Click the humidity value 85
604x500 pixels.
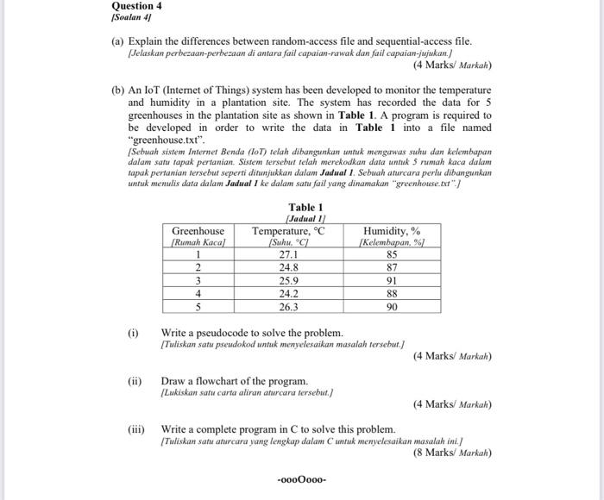coord(392,254)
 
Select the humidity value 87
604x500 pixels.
coord(392,267)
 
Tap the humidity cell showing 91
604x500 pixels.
coord(392,280)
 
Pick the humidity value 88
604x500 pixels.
coord(392,293)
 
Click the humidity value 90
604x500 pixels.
coord(392,306)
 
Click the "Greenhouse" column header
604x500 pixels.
coord(198,231)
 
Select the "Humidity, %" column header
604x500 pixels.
coord(392,231)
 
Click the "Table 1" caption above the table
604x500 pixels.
coord(305,207)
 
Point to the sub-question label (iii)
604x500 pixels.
coord(135,428)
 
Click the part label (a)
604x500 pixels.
coord(119,41)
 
